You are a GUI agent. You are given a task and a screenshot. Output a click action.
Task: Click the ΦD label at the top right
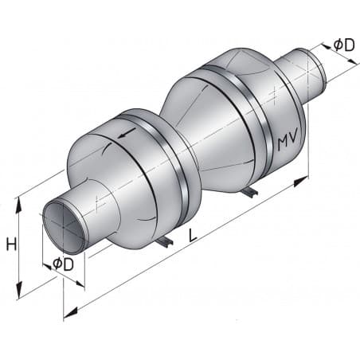tap(343, 45)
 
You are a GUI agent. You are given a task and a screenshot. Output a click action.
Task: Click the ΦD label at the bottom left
tap(63, 264)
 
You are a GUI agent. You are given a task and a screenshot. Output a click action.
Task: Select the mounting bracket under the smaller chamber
tap(164, 241)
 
